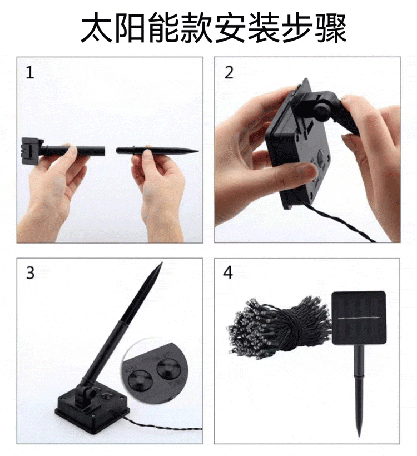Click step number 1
click(29, 73)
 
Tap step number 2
click(229, 73)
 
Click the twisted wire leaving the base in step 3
click(161, 429)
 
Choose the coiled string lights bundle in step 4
click(278, 328)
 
